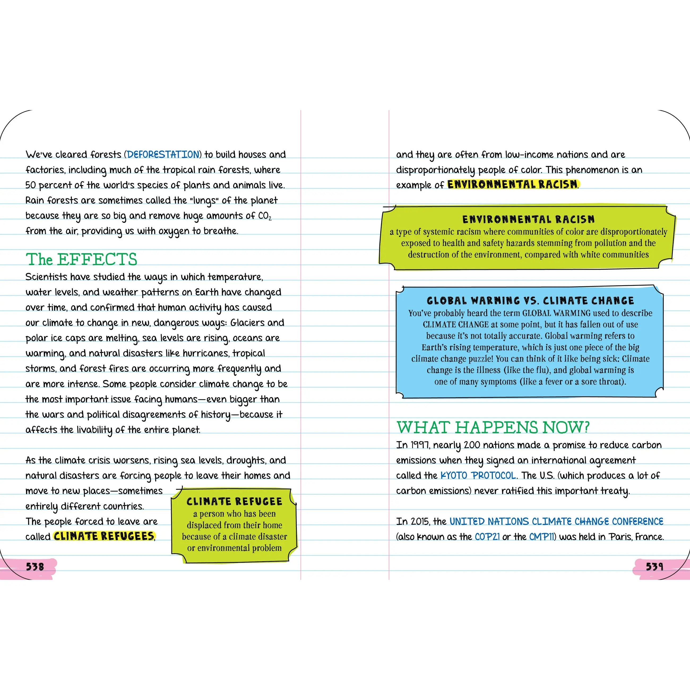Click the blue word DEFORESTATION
point(163,155)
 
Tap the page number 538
point(35,566)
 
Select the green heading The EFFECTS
point(81,259)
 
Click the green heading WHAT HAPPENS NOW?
point(493,427)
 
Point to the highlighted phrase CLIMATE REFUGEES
point(104,536)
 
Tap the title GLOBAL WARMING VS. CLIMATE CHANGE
point(530,300)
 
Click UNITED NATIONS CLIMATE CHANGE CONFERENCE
point(556,521)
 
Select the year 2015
point(420,521)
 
